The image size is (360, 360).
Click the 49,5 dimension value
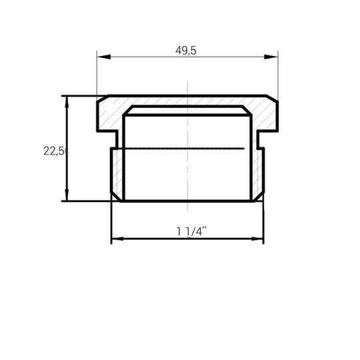(186, 51)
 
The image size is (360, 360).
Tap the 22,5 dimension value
(54, 151)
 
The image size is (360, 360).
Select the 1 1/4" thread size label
(191, 231)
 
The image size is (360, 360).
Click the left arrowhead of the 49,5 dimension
(104, 57)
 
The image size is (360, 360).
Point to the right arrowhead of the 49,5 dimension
(271, 57)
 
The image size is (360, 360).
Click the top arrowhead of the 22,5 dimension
(67, 102)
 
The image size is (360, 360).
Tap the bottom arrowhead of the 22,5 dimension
(67, 195)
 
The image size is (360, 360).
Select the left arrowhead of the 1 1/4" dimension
(117, 239)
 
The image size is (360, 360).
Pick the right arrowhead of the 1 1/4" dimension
(257, 239)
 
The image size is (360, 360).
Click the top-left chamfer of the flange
(103, 98)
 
